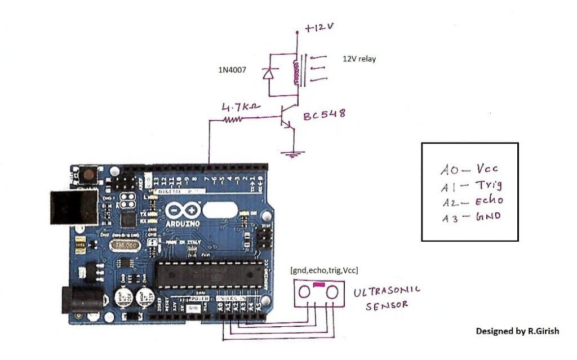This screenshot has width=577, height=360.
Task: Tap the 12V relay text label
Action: (x=359, y=59)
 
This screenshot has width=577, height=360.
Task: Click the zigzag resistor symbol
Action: (x=233, y=119)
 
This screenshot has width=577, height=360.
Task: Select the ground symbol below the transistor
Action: (x=292, y=153)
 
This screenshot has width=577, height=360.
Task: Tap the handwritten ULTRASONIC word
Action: (x=387, y=292)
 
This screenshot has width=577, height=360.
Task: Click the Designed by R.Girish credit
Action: (x=517, y=331)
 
